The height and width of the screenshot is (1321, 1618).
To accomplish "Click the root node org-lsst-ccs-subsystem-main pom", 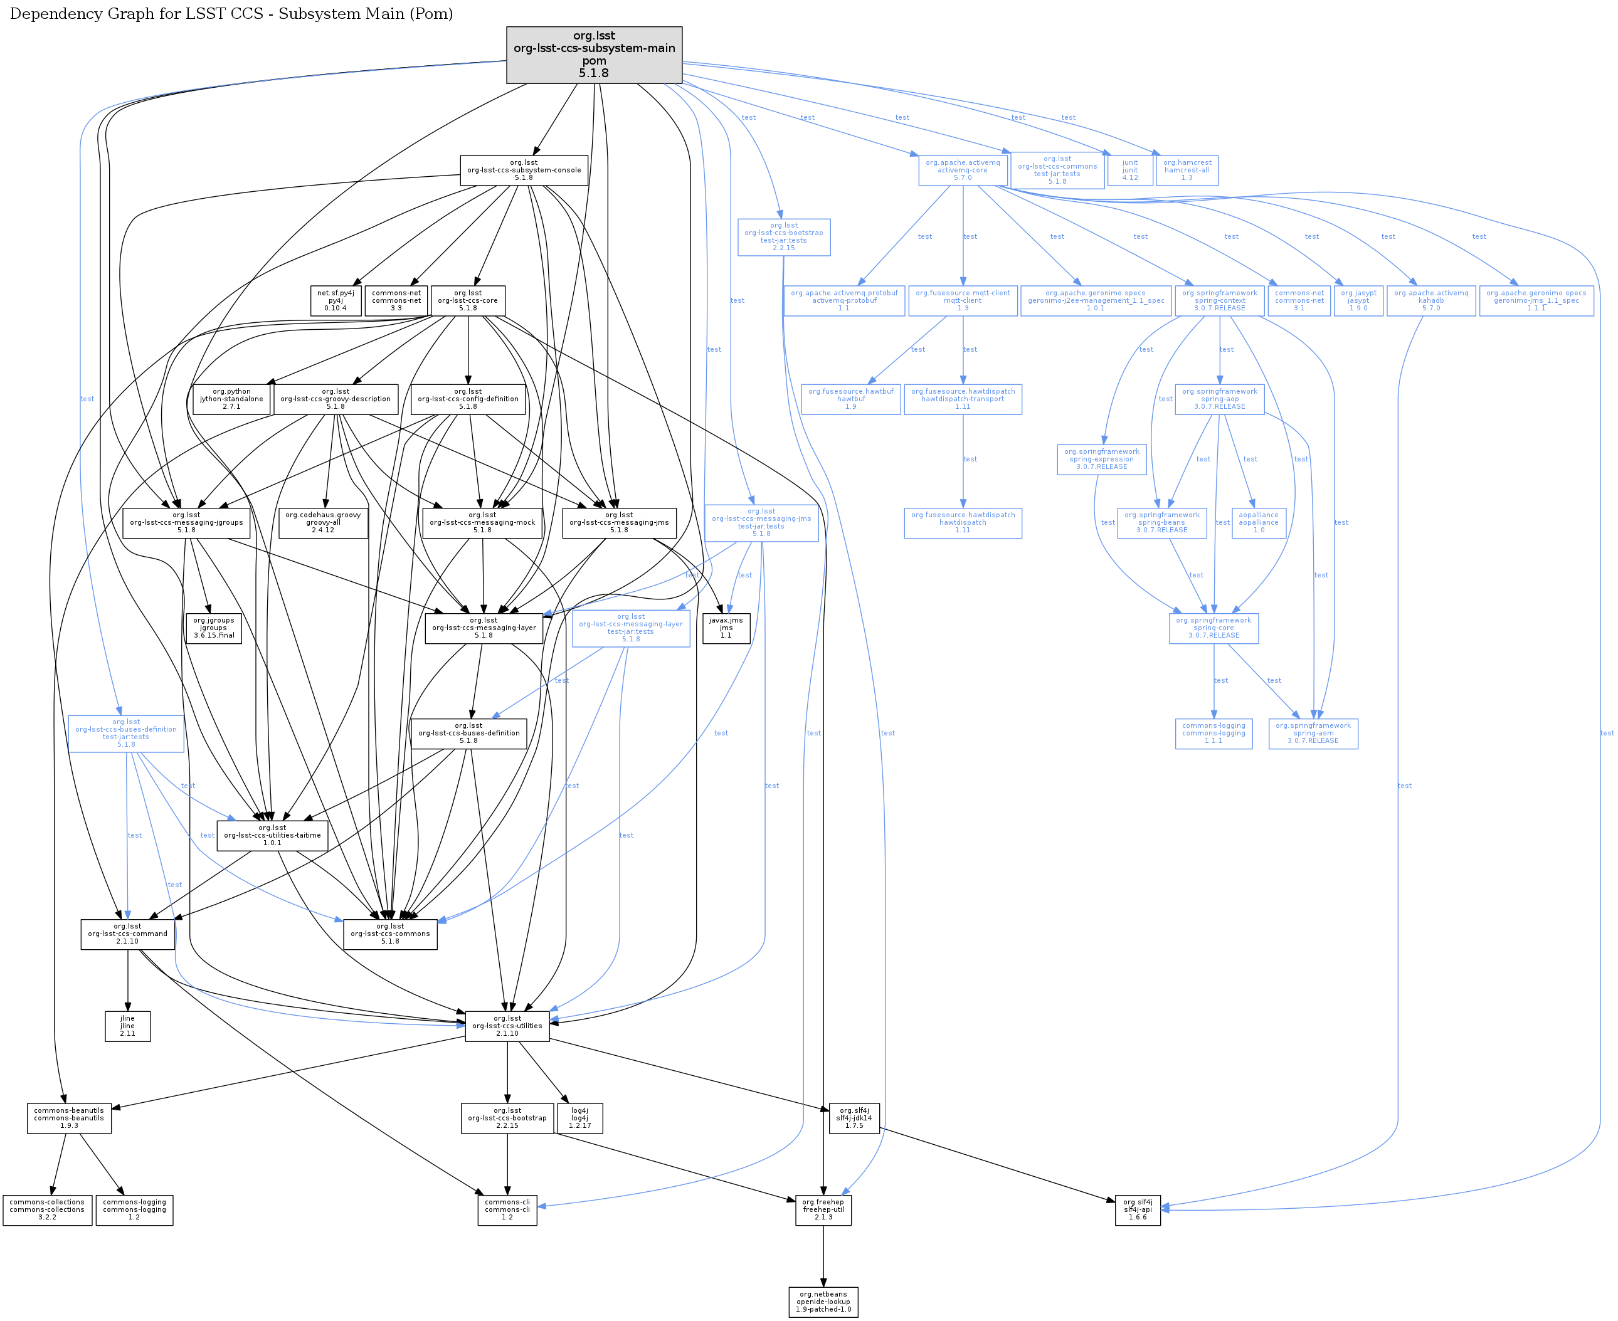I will [594, 55].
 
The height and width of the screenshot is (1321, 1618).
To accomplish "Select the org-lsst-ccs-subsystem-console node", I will [524, 171].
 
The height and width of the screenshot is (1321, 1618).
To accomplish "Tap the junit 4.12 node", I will [1129, 171].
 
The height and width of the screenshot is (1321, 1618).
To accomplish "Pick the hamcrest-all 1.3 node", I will [1187, 171].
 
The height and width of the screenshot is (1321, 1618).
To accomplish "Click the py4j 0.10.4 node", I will [335, 300].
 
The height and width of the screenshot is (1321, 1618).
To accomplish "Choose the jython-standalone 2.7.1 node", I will [231, 399].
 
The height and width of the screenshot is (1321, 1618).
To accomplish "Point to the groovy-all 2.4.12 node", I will [323, 523].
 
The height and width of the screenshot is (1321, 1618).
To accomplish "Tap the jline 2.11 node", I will [127, 1026].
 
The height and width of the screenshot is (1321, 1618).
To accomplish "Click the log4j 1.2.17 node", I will [579, 1118].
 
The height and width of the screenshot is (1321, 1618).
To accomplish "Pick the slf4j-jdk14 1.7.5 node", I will [854, 1118].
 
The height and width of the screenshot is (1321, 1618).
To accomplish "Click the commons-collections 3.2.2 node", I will [47, 1210].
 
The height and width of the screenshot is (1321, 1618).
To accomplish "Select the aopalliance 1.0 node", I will [1258, 523].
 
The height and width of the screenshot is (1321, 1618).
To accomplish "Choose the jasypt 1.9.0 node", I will [1358, 300].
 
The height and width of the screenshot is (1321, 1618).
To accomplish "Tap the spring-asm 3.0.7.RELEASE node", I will [1313, 734].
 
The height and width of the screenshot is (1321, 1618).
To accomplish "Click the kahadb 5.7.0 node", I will [1430, 300].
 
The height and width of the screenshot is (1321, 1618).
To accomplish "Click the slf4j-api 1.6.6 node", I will [1137, 1210].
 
